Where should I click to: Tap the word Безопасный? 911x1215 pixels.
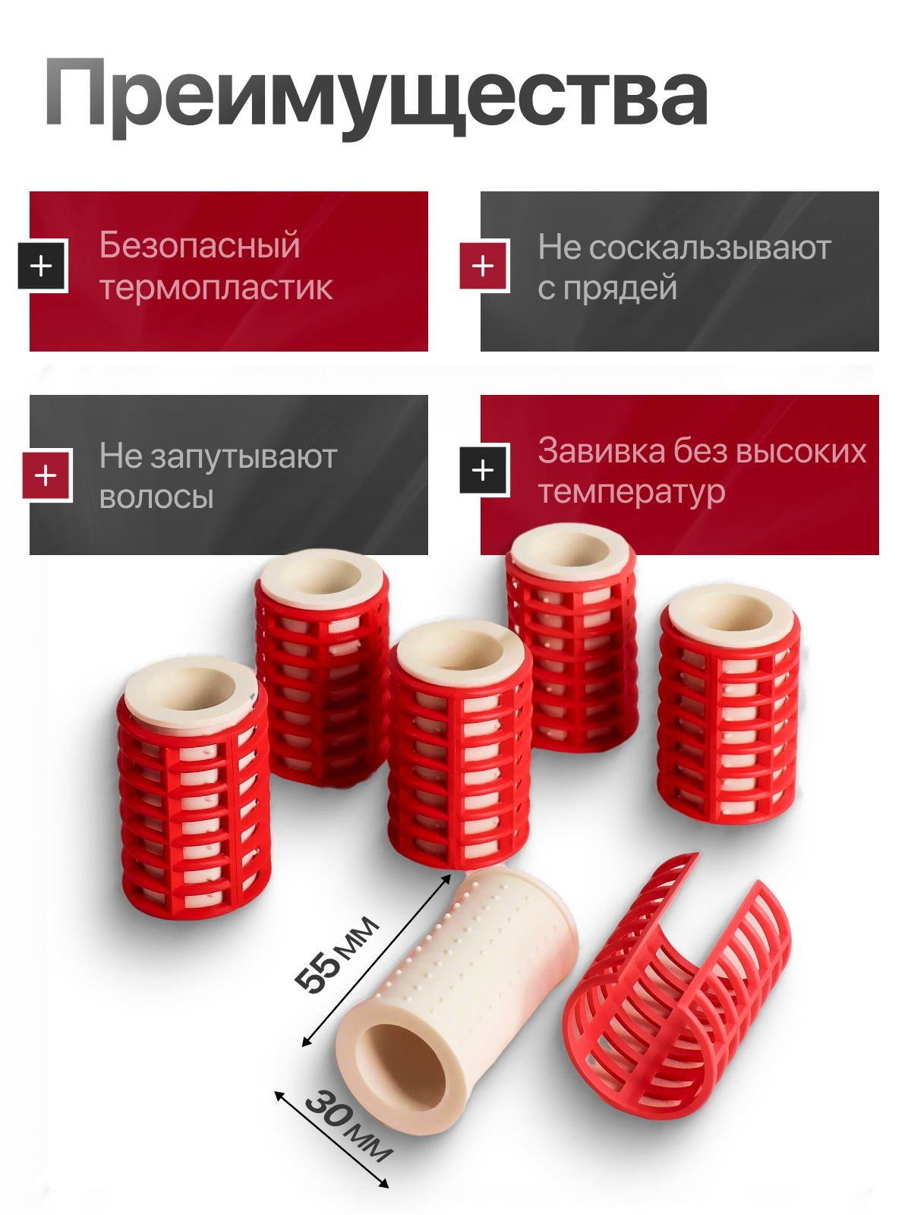200,245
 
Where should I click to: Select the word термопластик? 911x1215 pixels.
216,289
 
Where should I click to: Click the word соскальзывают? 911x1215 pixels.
710,248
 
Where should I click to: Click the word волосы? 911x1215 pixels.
156,497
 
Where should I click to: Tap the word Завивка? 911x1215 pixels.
601,450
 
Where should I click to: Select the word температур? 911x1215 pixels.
631,492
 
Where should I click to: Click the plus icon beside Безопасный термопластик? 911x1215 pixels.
42,267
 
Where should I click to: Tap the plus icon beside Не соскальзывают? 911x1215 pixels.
484,267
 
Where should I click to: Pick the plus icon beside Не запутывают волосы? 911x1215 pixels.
46,475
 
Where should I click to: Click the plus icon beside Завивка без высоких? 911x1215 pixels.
484,470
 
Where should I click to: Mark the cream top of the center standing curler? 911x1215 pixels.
459,654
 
